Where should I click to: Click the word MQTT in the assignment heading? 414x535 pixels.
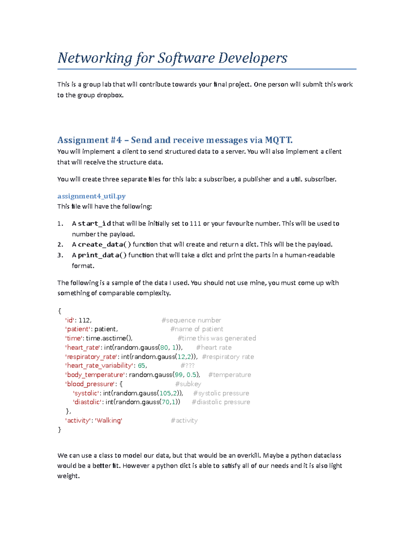(278, 140)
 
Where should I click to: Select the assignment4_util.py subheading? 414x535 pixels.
(91, 196)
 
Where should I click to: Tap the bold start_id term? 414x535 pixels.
(94, 224)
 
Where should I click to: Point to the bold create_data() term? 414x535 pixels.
(105, 245)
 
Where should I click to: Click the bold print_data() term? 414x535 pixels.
(102, 255)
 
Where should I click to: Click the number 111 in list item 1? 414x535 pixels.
(195, 224)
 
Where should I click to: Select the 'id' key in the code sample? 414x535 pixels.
(70, 320)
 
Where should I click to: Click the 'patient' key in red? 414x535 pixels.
(78, 329)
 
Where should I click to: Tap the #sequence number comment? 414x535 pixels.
(191, 320)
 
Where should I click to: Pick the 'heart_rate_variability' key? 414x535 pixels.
(99, 366)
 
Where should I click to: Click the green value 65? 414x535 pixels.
(141, 366)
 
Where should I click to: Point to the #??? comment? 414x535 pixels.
(187, 366)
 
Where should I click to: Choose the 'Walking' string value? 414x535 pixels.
(109, 421)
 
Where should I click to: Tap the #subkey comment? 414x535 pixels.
(188, 384)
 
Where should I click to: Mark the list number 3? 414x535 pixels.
(60, 255)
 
